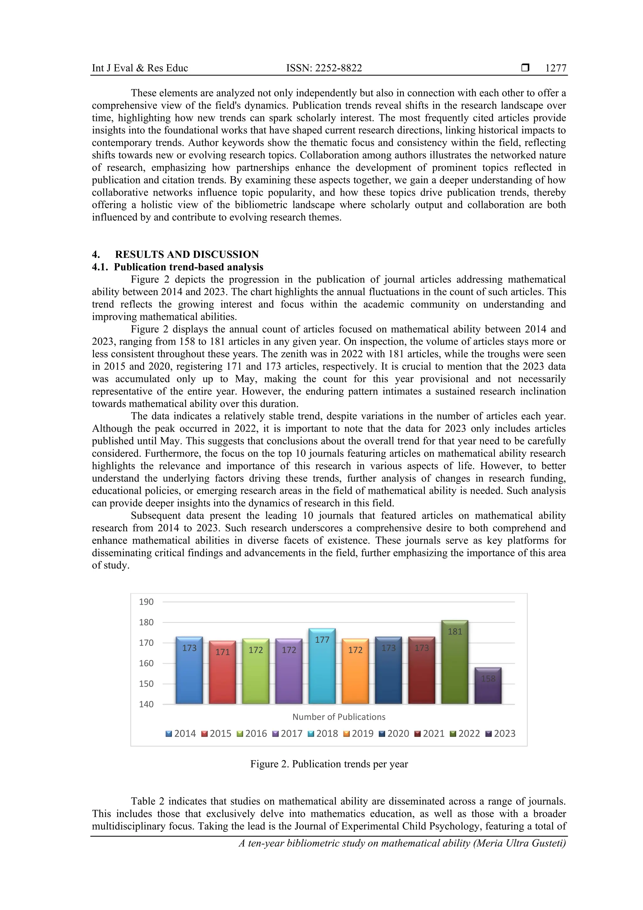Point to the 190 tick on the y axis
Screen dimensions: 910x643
click(146, 602)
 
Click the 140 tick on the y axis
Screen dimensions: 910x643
click(146, 704)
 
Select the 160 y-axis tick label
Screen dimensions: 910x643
click(146, 663)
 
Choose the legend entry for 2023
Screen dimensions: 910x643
click(500, 734)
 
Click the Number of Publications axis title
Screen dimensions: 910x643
click(339, 717)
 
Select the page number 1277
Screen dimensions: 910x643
click(555, 68)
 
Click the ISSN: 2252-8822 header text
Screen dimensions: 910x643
click(324, 68)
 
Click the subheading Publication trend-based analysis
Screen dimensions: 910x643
click(189, 267)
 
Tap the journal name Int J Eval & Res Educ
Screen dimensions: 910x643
click(140, 68)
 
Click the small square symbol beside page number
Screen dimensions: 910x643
click(525, 68)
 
